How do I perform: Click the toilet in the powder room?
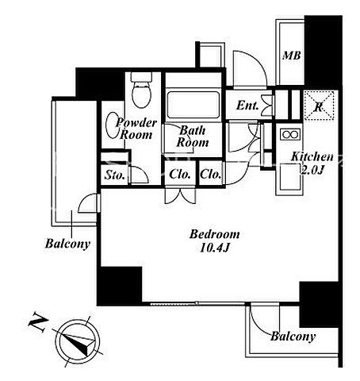141,90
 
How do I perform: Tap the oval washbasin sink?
113,125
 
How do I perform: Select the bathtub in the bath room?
193,105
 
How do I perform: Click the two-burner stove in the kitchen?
290,134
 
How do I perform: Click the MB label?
292,56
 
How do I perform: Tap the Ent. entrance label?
247,106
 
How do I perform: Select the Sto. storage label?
115,175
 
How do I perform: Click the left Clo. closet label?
180,174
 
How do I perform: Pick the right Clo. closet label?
211,174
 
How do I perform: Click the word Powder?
136,123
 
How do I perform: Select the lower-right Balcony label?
293,337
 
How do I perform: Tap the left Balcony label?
67,244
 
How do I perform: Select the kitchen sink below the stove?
289,176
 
